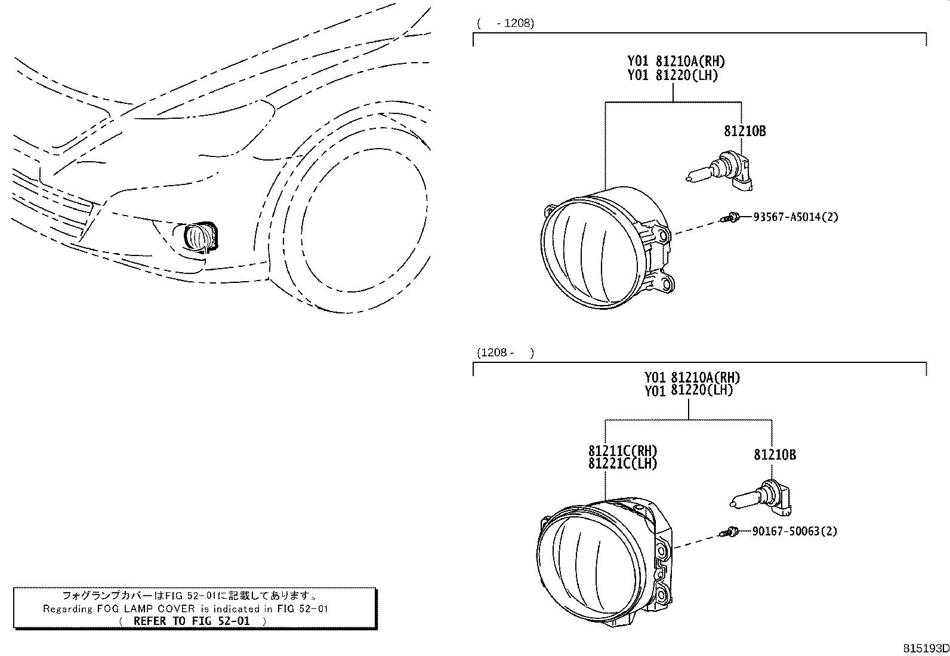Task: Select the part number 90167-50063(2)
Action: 794,531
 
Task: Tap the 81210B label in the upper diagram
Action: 745,131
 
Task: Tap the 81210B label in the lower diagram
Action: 775,455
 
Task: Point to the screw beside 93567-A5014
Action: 730,218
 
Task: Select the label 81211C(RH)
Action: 622,451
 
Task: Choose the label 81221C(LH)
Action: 622,463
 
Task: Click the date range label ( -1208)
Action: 505,24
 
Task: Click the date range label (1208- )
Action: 505,353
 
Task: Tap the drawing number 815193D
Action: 925,648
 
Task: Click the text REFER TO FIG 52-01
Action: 192,621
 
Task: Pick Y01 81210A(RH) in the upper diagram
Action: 676,61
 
